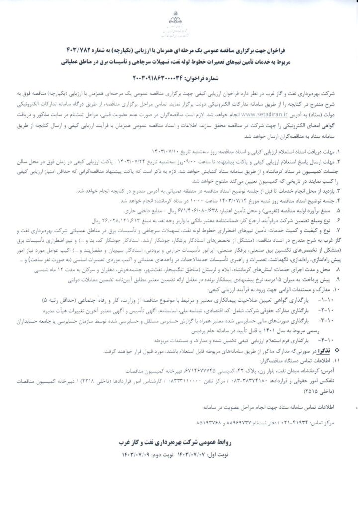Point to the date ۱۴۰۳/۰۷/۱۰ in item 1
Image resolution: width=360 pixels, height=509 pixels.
coord(168,135)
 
